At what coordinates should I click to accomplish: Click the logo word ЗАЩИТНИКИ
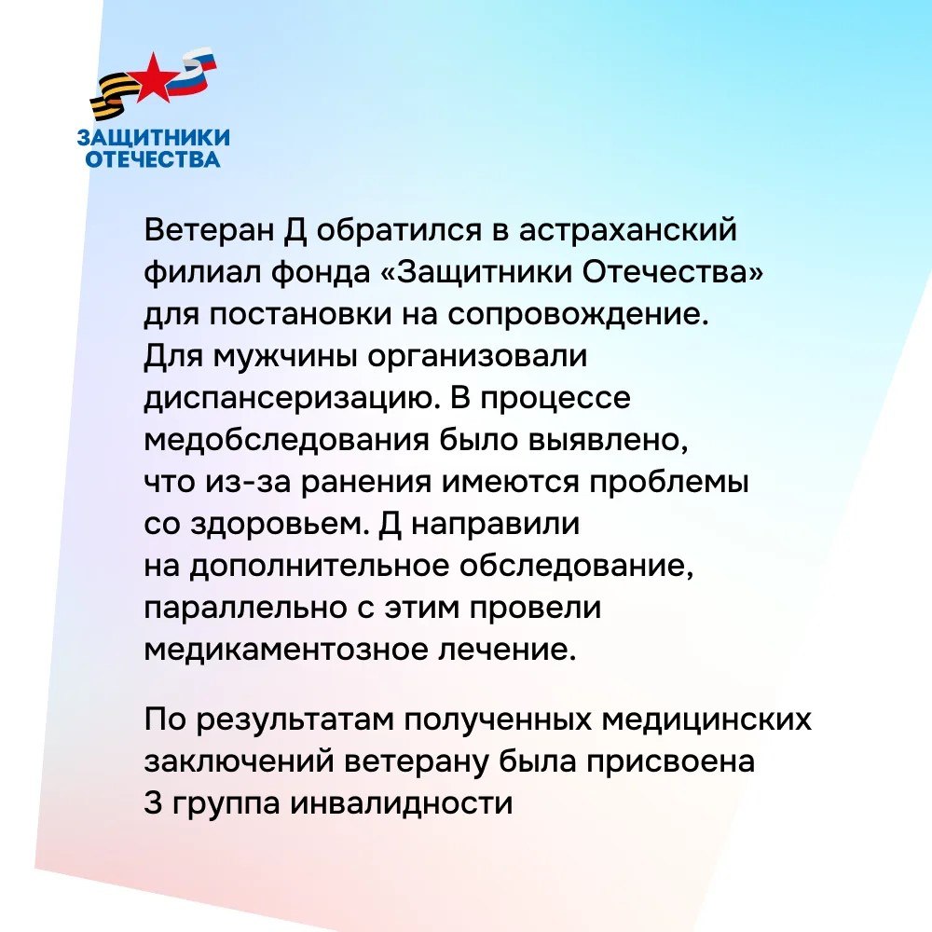coord(154,138)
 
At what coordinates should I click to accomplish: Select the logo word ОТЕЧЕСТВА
coord(153,159)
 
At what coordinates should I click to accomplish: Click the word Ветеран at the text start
coord(208,229)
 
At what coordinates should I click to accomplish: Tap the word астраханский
coord(627,230)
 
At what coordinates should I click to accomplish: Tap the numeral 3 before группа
coord(153,803)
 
